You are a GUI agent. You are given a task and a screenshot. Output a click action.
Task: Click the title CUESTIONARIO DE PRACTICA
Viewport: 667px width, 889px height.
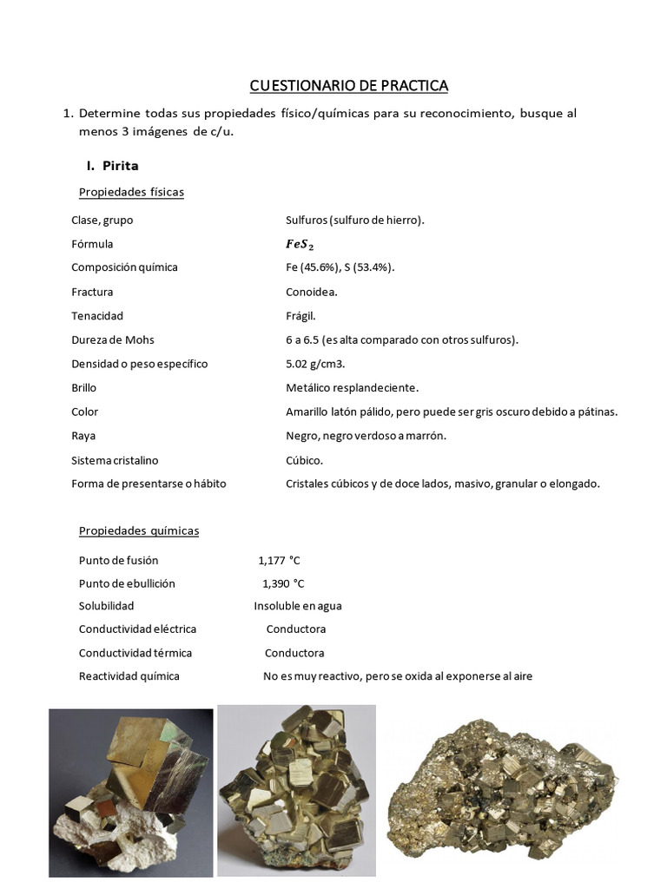[349, 85]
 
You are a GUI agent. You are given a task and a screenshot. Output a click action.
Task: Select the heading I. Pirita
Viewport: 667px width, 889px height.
[112, 165]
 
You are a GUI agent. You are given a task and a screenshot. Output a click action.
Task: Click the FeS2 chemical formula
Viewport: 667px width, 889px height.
[300, 244]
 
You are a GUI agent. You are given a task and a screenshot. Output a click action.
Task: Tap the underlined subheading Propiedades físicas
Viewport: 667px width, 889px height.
[131, 192]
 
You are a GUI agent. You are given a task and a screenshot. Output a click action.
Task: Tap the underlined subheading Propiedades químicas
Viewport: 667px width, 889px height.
[139, 530]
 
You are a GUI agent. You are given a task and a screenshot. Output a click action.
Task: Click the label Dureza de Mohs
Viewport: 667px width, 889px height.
[113, 339]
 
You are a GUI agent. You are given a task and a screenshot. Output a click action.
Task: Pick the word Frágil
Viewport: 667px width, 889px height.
[301, 316]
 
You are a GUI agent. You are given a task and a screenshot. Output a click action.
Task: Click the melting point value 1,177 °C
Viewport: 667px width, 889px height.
[281, 560]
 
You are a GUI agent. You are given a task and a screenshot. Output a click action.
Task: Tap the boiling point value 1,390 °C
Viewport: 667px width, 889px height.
[283, 583]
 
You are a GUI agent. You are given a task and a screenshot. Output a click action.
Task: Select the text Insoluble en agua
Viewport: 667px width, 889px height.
[297, 606]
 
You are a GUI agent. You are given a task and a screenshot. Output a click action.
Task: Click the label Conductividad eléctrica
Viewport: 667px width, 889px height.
[137, 629]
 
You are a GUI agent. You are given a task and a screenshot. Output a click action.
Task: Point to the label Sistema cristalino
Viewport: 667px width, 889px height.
[115, 460]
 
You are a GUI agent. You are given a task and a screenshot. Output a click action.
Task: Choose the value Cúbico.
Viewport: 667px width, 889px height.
[304, 460]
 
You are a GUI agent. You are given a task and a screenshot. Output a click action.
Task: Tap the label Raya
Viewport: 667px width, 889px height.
[83, 436]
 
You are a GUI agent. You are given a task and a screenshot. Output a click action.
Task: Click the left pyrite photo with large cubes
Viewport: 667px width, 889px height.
[130, 793]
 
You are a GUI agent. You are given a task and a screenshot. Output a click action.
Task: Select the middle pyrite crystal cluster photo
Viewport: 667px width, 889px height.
[296, 790]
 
